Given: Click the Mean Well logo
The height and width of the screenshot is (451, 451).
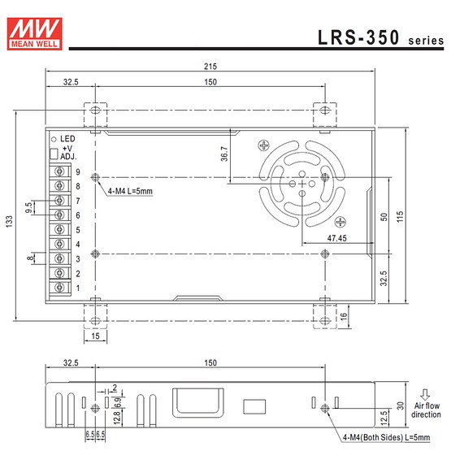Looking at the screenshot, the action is pyautogui.click(x=34, y=33).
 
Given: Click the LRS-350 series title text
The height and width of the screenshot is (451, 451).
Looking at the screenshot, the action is pyautogui.click(x=381, y=37).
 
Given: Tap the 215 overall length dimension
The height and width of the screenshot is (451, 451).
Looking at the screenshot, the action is pyautogui.click(x=210, y=67).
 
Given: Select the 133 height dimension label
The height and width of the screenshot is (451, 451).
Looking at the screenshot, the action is pyautogui.click(x=10, y=222).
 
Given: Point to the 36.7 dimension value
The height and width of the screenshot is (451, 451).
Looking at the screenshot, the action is pyautogui.click(x=224, y=154).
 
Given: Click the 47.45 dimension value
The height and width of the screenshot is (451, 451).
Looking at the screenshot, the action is pyautogui.click(x=336, y=238).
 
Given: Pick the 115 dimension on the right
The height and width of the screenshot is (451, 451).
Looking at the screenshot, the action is pyautogui.click(x=400, y=216).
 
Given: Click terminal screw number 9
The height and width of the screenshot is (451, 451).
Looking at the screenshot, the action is pyautogui.click(x=59, y=171).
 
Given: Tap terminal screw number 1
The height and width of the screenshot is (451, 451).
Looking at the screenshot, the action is pyautogui.click(x=59, y=288).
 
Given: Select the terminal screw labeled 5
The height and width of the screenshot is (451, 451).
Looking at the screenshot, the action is pyautogui.click(x=59, y=229).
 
